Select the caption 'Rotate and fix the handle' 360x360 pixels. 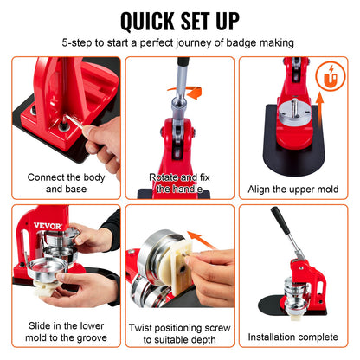point(180,183)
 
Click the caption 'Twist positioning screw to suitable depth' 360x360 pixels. point(180,335)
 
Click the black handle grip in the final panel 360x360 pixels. point(279,222)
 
